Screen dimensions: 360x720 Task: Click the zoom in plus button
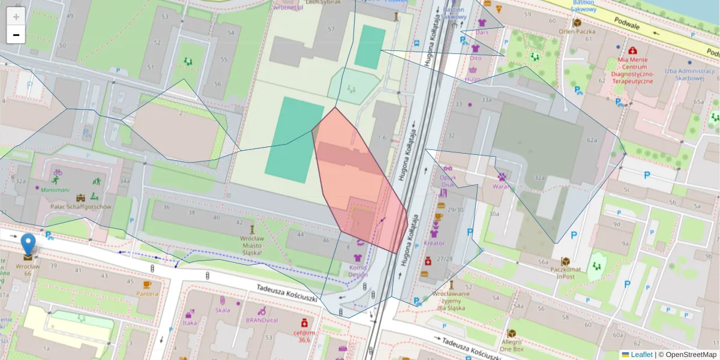point(16,17)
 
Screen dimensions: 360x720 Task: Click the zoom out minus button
point(16,35)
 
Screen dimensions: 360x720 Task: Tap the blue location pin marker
point(28,244)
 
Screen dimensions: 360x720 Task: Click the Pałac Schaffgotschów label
point(80,207)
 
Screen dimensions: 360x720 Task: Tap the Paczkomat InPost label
point(565,272)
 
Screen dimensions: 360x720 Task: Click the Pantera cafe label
point(148,293)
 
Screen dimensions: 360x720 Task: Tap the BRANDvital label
point(262,320)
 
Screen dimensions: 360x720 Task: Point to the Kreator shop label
point(434,243)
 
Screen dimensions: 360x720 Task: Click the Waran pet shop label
point(500,186)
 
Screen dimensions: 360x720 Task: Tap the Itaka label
point(190,322)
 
